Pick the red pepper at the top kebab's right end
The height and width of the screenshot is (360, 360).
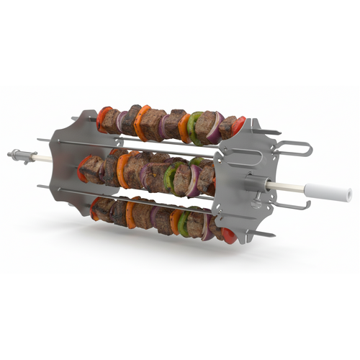[x=238, y=127]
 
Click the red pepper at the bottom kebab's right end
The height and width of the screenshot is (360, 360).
[x=229, y=235]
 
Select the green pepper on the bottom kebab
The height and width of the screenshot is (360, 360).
[x=183, y=223]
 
